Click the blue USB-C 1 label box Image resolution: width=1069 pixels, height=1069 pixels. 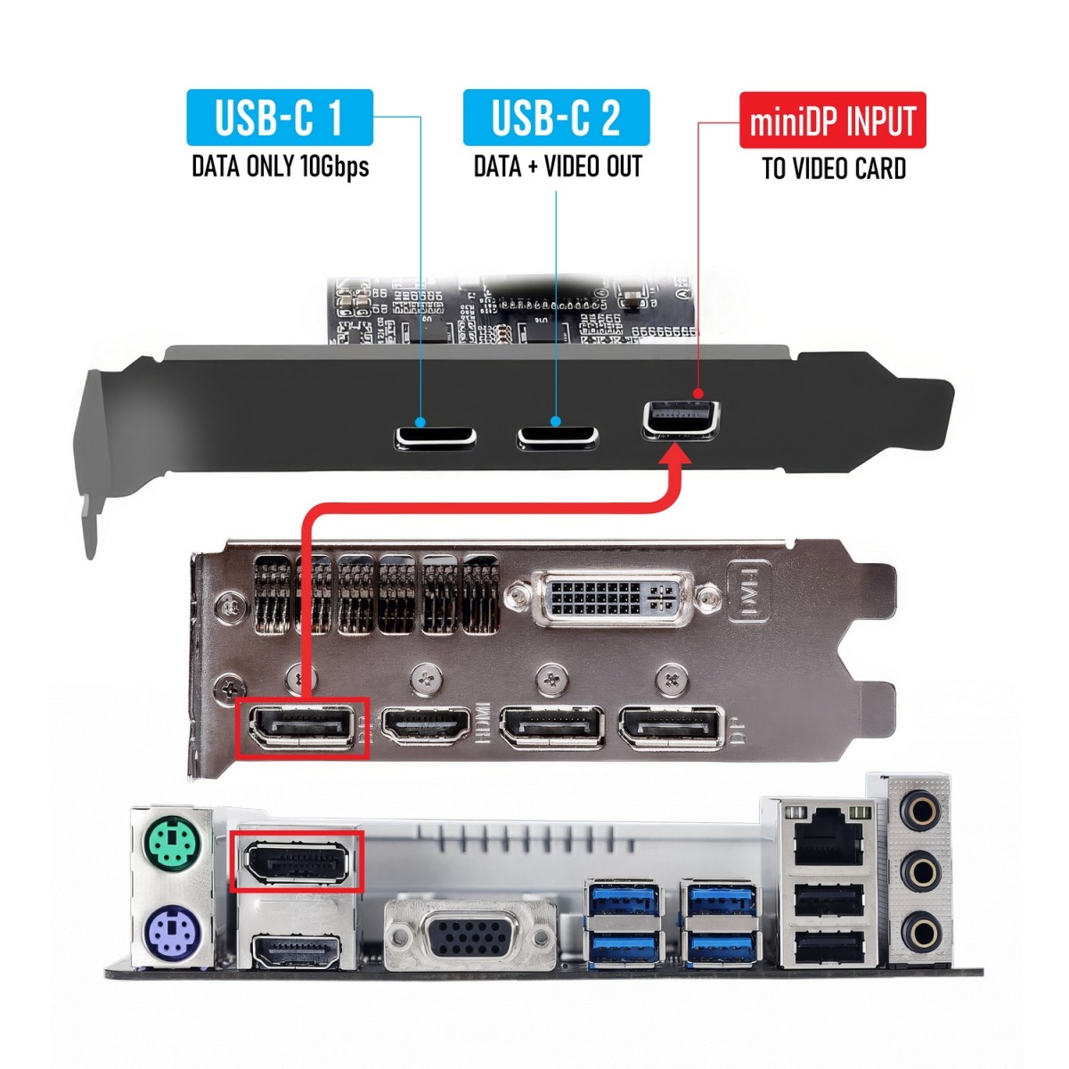(279, 118)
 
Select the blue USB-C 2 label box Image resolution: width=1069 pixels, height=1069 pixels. (556, 118)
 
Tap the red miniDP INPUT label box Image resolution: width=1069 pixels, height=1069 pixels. (833, 120)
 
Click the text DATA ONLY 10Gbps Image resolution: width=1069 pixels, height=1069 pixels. (280, 167)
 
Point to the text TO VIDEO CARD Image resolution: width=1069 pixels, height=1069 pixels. (834, 168)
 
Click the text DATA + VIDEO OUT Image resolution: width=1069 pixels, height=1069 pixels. (558, 167)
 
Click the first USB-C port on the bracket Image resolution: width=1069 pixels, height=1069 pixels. (436, 437)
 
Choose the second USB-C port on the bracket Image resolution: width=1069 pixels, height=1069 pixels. (558, 437)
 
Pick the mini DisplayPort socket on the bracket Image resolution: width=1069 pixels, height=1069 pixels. (682, 420)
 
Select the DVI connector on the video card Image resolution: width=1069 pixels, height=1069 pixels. (613, 597)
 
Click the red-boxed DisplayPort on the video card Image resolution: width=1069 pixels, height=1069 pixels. (301, 727)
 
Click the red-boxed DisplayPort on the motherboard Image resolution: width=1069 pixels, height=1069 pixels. (298, 861)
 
